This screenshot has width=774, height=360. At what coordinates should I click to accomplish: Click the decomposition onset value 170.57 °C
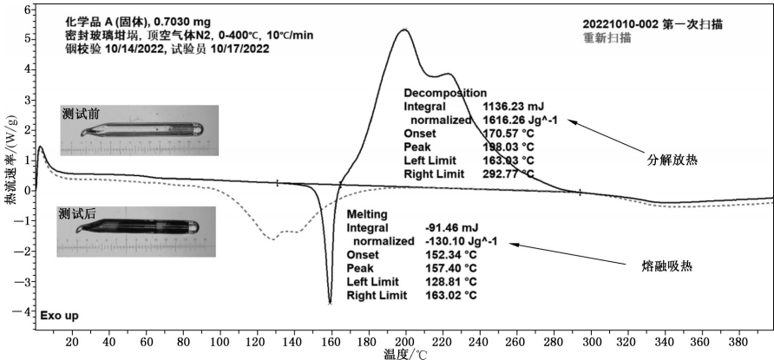point(508,134)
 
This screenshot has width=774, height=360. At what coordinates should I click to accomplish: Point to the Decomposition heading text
point(445,93)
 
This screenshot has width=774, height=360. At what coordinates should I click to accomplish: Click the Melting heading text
point(365,213)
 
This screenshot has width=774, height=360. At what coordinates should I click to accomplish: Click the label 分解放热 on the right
point(673,160)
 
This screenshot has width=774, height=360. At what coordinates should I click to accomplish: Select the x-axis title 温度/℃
point(406,353)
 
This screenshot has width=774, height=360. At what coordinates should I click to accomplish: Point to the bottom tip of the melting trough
point(330,301)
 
